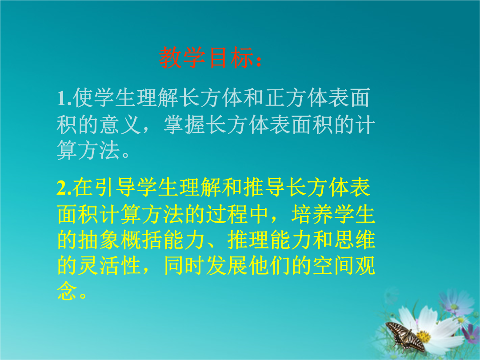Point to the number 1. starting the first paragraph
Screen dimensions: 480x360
64,98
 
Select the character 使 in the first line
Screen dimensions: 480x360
83,98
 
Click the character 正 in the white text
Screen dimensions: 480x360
275,98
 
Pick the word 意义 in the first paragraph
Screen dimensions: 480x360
120,124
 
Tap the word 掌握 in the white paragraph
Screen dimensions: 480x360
184,124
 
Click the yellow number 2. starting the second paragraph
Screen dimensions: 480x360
64,188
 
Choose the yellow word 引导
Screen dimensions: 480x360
116,187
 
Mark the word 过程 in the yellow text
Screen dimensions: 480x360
227,214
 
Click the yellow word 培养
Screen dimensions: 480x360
312,214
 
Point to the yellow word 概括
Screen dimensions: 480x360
141,240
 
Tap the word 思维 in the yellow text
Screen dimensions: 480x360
355,240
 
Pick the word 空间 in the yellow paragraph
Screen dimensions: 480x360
334,265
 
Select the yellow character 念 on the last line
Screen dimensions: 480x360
67,291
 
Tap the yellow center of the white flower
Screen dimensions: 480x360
424,337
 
